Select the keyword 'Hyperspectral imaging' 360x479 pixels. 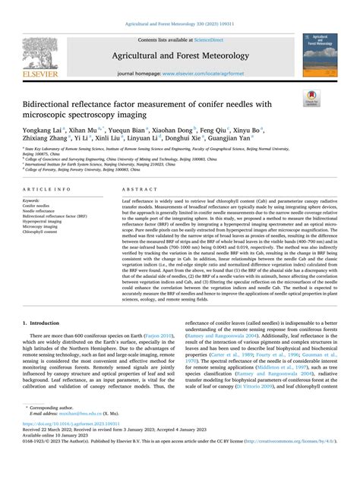tap(42, 221)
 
